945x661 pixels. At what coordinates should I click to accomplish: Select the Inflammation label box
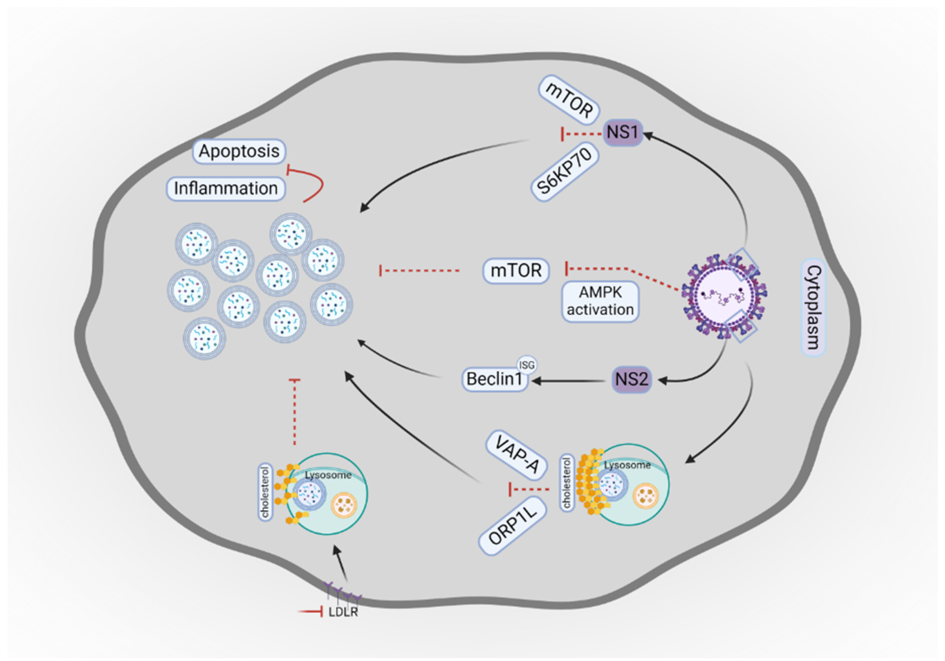[x=226, y=188]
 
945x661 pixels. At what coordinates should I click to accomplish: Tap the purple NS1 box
[x=622, y=133]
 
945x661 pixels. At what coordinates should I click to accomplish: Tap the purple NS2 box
[x=631, y=379]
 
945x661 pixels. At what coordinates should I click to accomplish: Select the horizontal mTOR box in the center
[x=516, y=271]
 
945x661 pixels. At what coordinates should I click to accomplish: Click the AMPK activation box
[x=600, y=301]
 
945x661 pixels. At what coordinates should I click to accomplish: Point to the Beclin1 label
[x=494, y=379]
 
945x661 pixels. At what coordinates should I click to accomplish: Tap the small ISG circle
[x=527, y=365]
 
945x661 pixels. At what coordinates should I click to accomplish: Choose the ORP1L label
[x=512, y=525]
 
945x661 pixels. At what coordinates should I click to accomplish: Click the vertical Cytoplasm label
[x=813, y=307]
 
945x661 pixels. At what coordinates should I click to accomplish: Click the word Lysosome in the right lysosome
[x=627, y=465]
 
